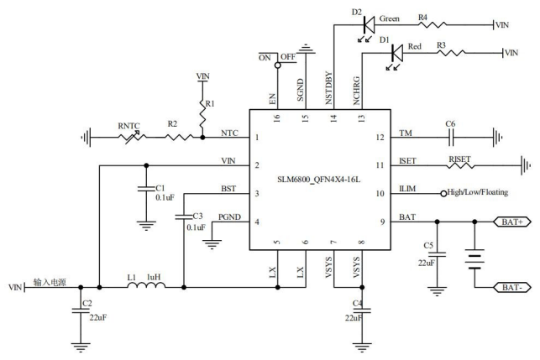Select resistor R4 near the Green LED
coord(433,24)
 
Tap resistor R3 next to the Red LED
coord(451,53)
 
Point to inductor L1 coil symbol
coord(146,284)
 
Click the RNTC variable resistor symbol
coord(132,137)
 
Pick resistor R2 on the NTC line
coord(179,138)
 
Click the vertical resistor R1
coord(202,112)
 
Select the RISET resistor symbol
coord(460,165)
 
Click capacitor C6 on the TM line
coord(451,138)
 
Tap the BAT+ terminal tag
coord(512,222)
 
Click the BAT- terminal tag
coord(512,287)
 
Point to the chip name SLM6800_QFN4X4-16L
coord(319,180)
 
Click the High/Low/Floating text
coord(477,192)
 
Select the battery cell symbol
coord(474,259)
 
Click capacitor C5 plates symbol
coord(437,254)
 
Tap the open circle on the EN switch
coord(278,65)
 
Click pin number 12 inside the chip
coord(380,138)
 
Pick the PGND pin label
coord(229,217)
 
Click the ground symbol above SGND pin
coord(307,50)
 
